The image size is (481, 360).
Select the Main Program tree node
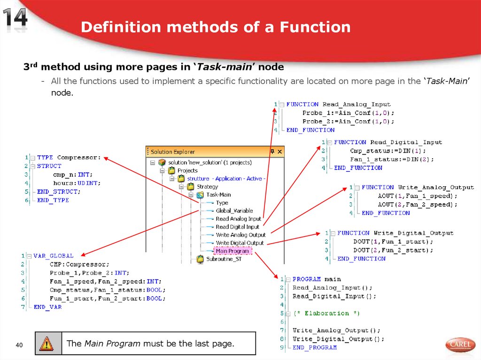click(232, 251)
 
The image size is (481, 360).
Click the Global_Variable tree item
click(234, 211)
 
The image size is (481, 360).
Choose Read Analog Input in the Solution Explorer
click(238, 219)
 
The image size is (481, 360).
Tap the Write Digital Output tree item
click(240, 243)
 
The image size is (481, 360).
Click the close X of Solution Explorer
click(279, 152)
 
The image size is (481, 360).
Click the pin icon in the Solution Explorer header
click(272, 152)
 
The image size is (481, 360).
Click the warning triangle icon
click(47, 344)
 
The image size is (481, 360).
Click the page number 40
click(19, 345)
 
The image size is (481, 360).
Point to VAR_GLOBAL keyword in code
click(54, 256)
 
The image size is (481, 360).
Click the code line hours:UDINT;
click(77, 183)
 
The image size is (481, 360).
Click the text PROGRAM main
click(317, 279)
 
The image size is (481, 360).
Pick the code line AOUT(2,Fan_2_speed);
click(417, 205)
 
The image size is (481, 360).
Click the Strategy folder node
click(207, 186)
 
